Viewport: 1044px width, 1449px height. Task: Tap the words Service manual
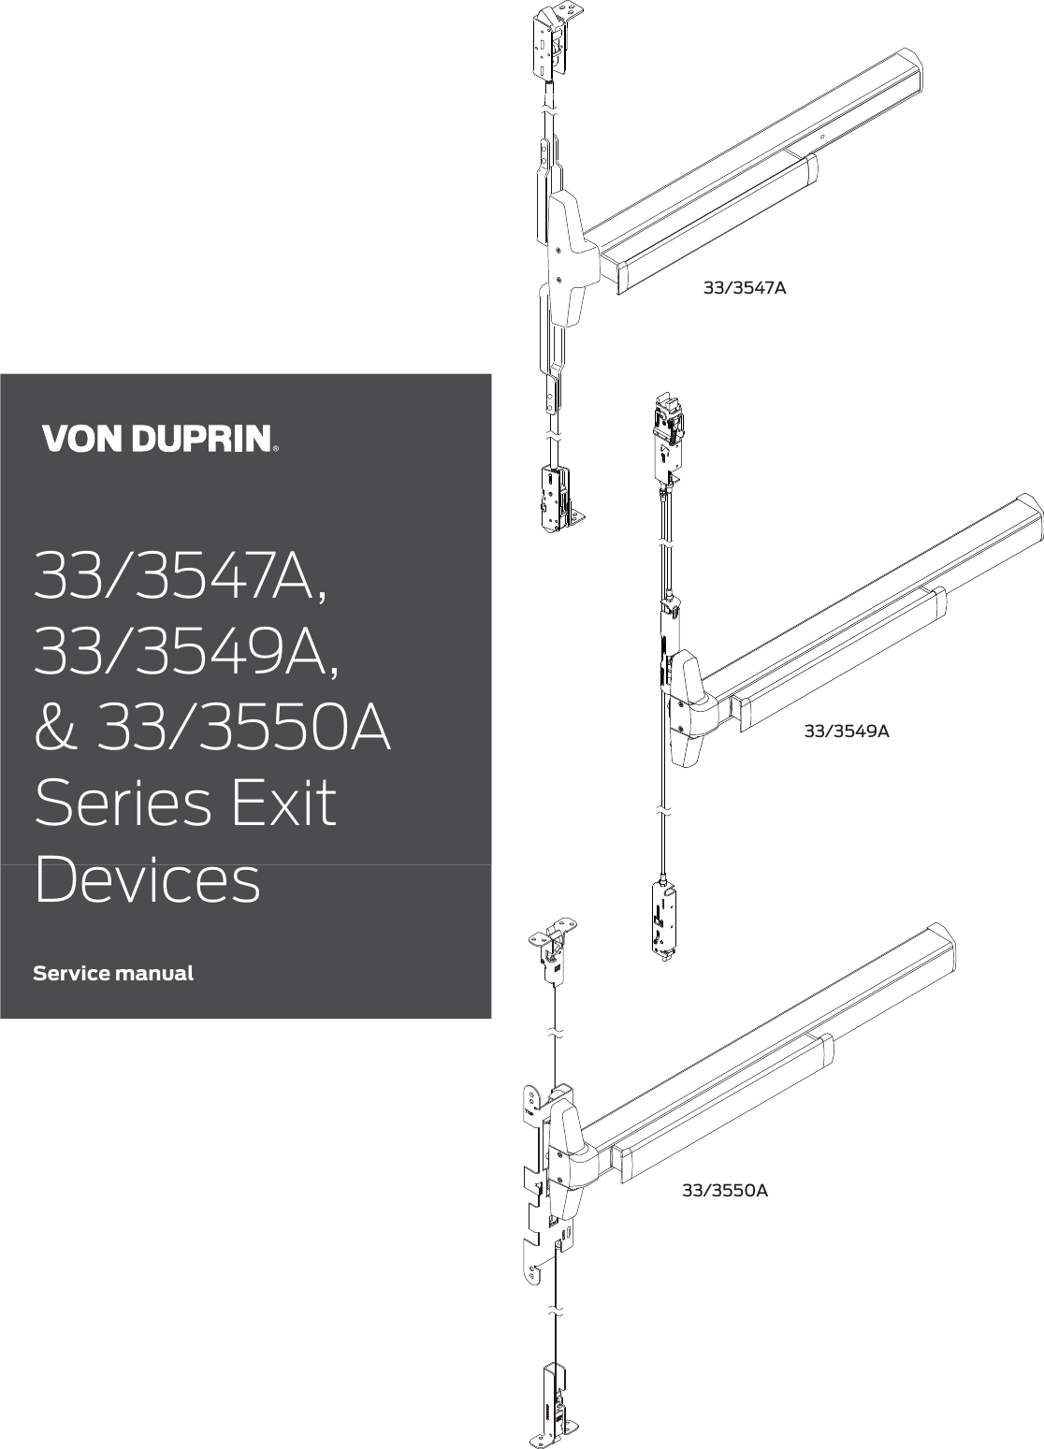click(113, 973)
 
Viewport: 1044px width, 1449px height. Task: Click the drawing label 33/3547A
click(745, 288)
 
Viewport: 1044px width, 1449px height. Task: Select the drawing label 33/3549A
click(847, 731)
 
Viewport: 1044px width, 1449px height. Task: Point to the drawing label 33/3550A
click(725, 1191)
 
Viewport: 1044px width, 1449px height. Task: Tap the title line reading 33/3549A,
click(182, 652)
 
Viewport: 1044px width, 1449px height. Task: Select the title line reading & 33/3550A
click(212, 729)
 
